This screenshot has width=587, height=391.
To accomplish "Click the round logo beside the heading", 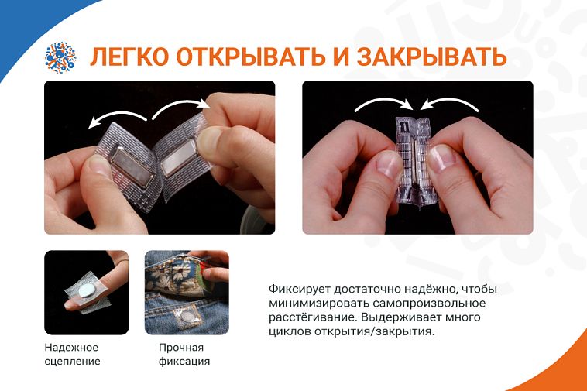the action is click(60, 57).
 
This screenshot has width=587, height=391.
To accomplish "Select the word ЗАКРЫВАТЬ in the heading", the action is click(431, 57).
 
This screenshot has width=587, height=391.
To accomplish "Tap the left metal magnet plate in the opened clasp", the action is click(132, 166).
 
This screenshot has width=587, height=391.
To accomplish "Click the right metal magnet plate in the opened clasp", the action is click(179, 157).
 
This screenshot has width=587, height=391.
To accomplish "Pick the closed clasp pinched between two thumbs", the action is click(414, 161).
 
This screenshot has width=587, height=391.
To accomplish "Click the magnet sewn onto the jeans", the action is click(187, 316).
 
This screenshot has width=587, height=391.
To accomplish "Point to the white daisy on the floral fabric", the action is click(181, 273).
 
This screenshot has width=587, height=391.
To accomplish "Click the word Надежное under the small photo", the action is click(71, 348).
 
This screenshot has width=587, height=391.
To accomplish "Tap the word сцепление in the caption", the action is click(72, 362).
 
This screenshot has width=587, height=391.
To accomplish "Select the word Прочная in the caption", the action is click(181, 348).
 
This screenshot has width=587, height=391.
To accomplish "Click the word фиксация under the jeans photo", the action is click(184, 362).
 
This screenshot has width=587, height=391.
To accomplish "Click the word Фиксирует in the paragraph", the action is click(300, 290).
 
